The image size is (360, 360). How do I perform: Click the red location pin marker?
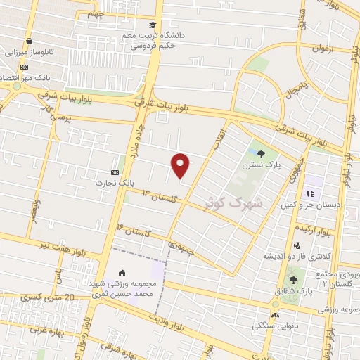[x=181, y=165]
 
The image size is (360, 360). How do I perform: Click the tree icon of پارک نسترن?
[x=262, y=154]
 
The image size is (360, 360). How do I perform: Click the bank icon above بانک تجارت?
[x=115, y=172]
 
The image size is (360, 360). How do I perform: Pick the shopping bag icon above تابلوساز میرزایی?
[x=28, y=41]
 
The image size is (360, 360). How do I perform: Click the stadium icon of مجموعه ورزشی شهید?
[x=124, y=273]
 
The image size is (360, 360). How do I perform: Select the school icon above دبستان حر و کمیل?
[x=307, y=193]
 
